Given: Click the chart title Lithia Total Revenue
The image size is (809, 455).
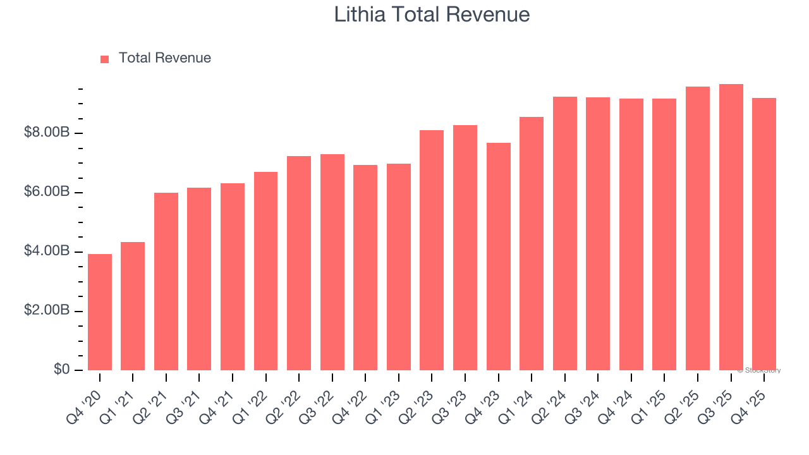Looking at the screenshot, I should (432, 15).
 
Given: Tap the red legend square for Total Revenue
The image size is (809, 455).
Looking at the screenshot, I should (104, 59).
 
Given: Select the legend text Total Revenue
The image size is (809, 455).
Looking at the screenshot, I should (165, 58).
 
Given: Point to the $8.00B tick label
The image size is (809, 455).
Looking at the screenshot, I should (47, 133).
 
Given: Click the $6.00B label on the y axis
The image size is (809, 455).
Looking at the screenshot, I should (47, 192).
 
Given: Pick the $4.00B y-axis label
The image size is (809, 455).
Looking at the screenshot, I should (47, 252).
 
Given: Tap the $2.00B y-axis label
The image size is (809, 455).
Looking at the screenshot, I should (47, 311).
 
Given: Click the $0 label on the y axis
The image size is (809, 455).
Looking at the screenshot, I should (61, 370).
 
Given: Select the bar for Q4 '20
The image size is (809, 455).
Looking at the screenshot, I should (100, 312).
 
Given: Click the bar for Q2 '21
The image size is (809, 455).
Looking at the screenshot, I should (166, 281).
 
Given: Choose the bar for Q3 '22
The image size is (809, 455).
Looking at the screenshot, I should (332, 262).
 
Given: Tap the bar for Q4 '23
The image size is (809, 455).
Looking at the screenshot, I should (499, 257).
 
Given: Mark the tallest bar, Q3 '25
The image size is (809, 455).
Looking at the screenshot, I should (731, 227).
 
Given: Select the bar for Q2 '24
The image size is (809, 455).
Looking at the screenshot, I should (565, 234).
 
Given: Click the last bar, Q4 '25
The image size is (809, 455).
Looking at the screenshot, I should (764, 234).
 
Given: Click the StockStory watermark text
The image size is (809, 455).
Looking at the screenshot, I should (759, 370).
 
